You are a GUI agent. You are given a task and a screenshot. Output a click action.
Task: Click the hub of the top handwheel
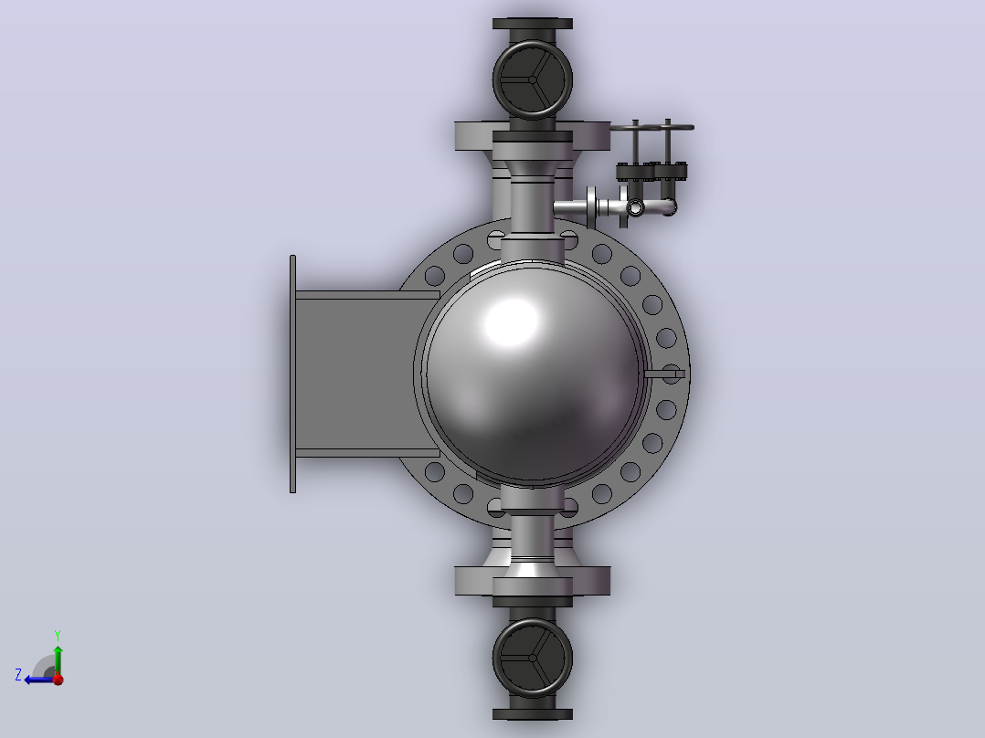click(x=533, y=79)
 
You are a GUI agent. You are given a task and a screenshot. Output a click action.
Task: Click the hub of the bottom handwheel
click(x=533, y=658)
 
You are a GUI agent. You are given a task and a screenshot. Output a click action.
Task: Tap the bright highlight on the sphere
click(x=512, y=322)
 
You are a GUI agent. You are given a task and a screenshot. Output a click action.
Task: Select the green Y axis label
click(x=58, y=635)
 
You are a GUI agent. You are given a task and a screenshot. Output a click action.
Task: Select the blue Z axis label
click(x=18, y=675)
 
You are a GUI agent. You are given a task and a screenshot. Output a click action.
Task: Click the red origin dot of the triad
click(x=58, y=679)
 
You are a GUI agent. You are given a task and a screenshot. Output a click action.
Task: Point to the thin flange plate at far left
click(x=292, y=374)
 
